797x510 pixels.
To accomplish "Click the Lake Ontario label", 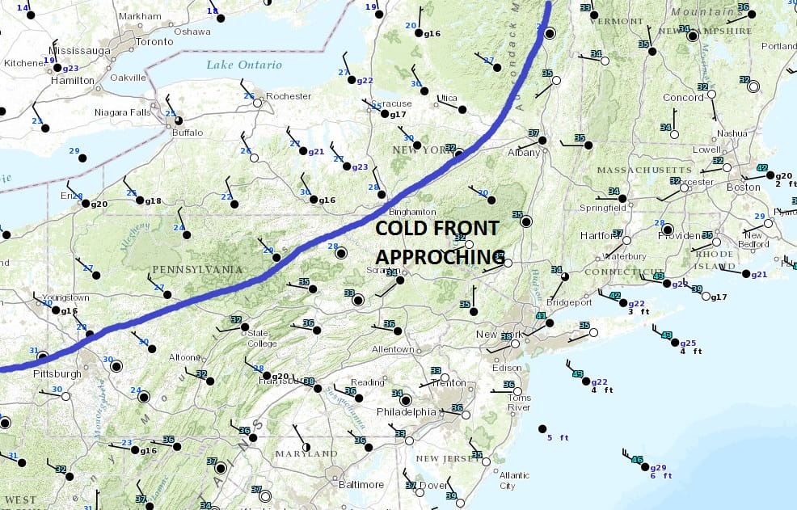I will coord(243,65).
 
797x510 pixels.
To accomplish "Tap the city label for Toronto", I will coord(154,41).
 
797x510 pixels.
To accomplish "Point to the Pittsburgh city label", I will coord(57,374).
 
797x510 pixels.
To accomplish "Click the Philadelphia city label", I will coord(407,411).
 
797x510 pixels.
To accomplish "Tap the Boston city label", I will coord(743,187).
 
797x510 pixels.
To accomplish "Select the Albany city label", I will coord(524,152).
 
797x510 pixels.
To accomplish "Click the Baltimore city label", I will coord(361,484).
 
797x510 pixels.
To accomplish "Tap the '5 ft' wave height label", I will coord(558,437).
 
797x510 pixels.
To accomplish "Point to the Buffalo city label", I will coord(188,132).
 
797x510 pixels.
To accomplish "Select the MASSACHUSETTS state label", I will coord(644,170).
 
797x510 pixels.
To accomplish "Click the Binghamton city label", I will coord(412,211).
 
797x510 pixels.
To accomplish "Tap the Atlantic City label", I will coord(513,480).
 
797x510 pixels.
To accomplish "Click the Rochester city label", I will coord(289,96).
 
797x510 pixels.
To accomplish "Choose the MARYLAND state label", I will coord(306,453).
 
